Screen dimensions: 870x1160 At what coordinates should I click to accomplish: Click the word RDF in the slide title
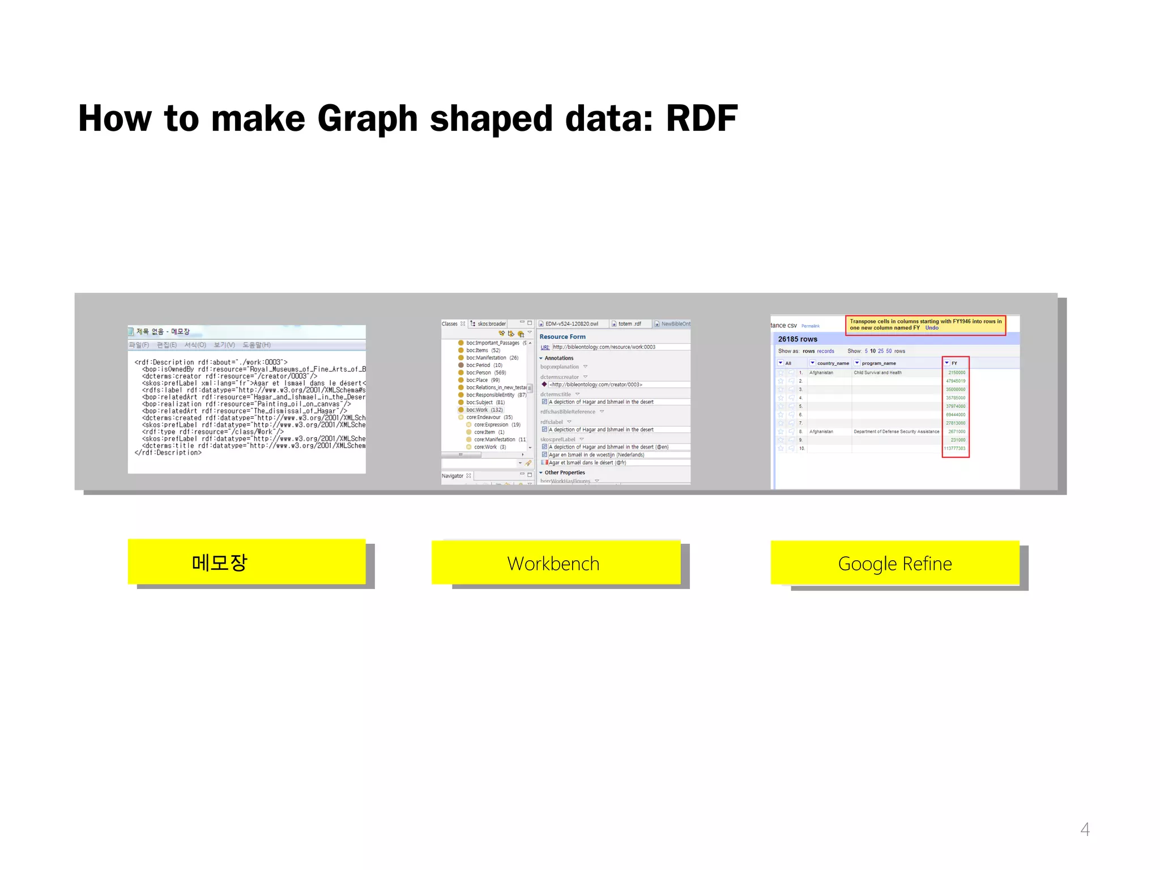click(701, 118)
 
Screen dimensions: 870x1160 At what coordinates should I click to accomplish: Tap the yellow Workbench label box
click(555, 563)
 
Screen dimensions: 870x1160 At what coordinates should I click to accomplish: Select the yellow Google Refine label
click(894, 563)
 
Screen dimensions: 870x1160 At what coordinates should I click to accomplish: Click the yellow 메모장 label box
click(246, 562)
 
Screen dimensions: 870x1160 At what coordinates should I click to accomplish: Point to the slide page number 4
click(1085, 829)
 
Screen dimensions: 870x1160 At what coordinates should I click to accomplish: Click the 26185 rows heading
click(797, 339)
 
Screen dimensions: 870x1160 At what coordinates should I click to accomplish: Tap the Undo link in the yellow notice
click(932, 328)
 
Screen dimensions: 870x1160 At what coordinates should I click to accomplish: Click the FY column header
click(954, 363)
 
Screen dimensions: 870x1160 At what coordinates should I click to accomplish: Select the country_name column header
click(833, 363)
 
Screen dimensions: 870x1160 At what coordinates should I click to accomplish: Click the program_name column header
click(878, 363)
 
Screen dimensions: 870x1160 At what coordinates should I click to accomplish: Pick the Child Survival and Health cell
click(877, 373)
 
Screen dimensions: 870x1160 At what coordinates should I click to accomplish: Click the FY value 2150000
click(957, 373)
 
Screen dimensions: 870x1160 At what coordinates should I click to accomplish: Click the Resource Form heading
click(562, 336)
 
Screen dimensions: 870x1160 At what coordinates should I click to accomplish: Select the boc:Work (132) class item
click(484, 410)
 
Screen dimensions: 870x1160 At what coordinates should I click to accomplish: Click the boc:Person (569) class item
click(485, 373)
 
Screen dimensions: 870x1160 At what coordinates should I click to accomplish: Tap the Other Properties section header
click(564, 472)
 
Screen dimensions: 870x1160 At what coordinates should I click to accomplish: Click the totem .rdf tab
click(629, 324)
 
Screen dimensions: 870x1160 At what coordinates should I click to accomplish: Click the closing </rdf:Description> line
click(168, 453)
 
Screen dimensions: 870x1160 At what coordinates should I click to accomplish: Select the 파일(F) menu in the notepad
click(139, 345)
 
